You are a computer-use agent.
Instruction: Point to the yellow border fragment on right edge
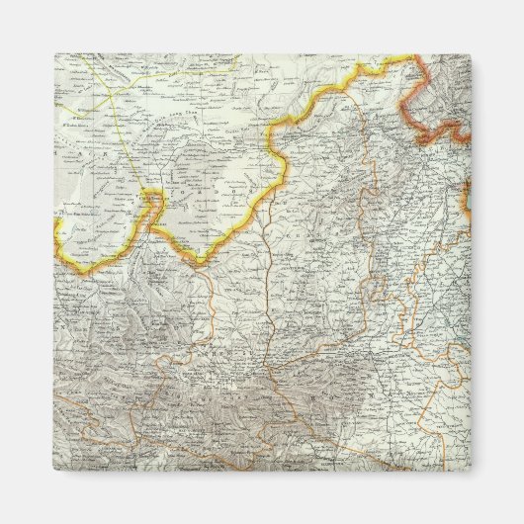pos(469,208)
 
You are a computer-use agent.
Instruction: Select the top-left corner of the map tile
pos(53,53)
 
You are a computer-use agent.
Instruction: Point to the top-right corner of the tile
pos(472,53)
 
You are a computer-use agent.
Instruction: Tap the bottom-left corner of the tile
pos(53,472)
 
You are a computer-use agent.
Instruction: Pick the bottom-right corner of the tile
pos(472,472)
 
